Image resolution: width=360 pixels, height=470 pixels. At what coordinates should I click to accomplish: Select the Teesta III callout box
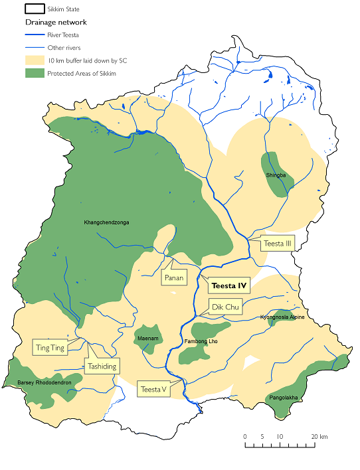click(278, 244)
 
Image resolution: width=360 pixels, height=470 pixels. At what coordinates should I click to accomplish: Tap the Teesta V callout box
click(153, 390)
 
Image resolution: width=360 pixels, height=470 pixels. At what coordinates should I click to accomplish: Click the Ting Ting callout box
click(51, 347)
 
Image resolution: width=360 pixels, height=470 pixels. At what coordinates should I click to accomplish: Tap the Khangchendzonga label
click(106, 222)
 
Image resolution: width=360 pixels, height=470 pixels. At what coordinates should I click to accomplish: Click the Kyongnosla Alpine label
click(282, 317)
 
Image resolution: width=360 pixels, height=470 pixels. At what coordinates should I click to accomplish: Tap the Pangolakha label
click(284, 398)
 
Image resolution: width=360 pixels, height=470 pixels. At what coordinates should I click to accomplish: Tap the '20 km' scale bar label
click(319, 436)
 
